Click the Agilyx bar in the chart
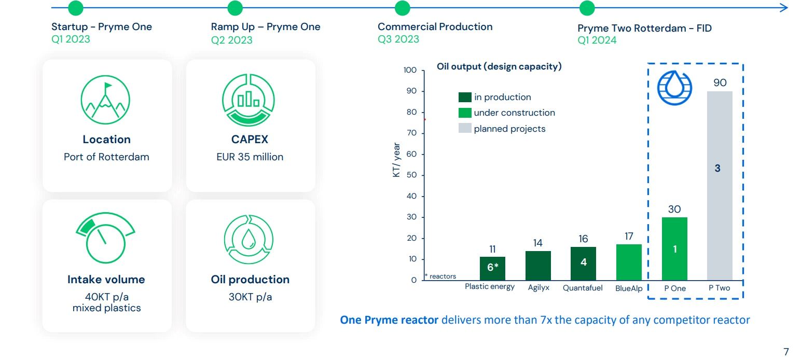pyautogui.click(x=538, y=266)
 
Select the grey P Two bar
pyautogui.click(x=720, y=186)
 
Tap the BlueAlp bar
pyautogui.click(x=629, y=262)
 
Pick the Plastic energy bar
pyautogui.click(x=492, y=268)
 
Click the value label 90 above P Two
pyautogui.click(x=720, y=83)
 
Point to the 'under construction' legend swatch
pyautogui.click(x=465, y=113)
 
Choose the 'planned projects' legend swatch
pyautogui.click(x=465, y=128)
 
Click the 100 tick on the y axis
pyautogui.click(x=410, y=70)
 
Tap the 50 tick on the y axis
pyautogui.click(x=411, y=175)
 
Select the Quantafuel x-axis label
pyautogui.click(x=583, y=288)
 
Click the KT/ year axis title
pyautogui.click(x=396, y=160)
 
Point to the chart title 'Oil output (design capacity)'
pyautogui.click(x=499, y=67)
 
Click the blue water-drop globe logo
pyautogui.click(x=674, y=87)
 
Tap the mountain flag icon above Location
pyautogui.click(x=105, y=99)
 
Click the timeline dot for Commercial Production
pyautogui.click(x=402, y=8)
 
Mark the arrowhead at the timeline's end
pyautogui.click(x=784, y=8)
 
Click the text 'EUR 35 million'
pyautogui.click(x=250, y=157)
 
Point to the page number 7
pyautogui.click(x=786, y=351)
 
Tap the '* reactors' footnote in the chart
pyautogui.click(x=440, y=276)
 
